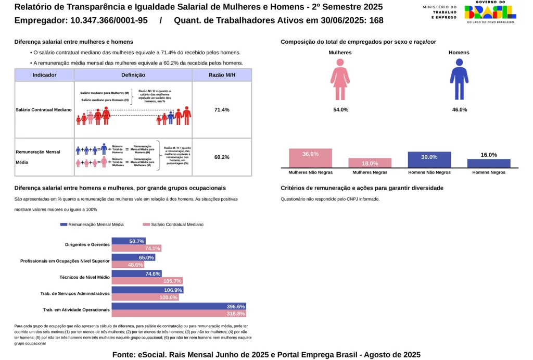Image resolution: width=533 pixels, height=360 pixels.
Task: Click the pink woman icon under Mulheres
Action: (x=340, y=79)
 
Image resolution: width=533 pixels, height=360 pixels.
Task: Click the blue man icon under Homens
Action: (x=459, y=79)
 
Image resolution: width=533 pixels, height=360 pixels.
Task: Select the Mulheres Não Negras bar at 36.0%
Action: (x=310, y=158)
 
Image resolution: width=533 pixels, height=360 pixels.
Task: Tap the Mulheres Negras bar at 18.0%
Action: (x=370, y=163)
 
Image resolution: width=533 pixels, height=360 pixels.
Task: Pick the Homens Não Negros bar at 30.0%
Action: (x=429, y=159)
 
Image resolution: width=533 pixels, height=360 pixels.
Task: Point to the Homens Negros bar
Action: (x=489, y=163)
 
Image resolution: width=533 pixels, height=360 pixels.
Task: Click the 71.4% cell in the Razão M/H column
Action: (x=222, y=109)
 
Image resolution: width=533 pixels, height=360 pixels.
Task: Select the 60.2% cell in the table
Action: (x=222, y=157)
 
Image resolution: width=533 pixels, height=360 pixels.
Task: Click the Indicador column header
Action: (x=45, y=75)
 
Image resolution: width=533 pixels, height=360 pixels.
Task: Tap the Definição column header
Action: (x=133, y=75)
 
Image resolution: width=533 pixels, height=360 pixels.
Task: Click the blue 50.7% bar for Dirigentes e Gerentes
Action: (x=129, y=241)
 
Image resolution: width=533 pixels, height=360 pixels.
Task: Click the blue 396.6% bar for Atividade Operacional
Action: (x=179, y=306)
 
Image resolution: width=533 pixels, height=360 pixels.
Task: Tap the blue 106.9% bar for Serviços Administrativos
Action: (x=147, y=290)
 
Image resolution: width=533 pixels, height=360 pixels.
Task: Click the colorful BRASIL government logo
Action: (x=490, y=11)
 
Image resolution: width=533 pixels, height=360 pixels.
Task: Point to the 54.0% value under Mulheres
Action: (x=340, y=110)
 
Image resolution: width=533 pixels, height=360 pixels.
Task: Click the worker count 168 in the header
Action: (x=376, y=20)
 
